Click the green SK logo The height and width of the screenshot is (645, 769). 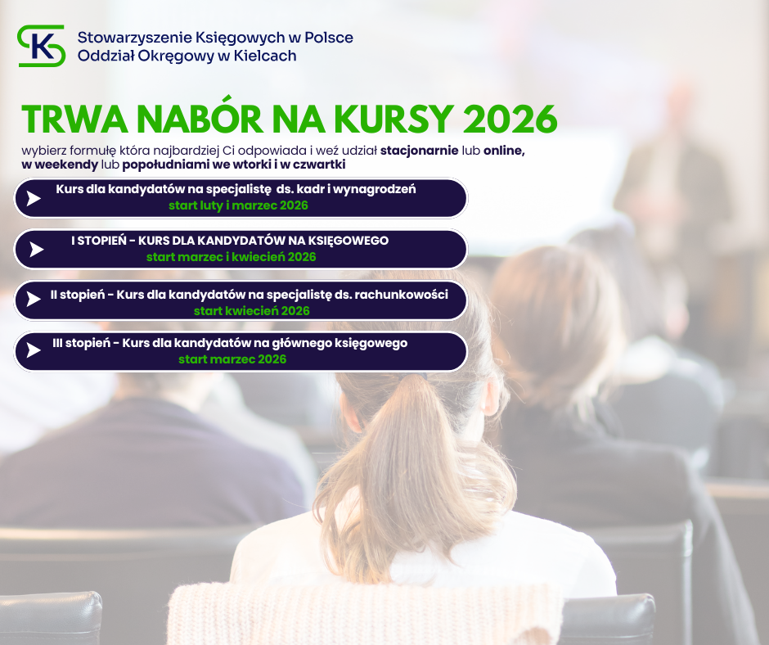click(41, 46)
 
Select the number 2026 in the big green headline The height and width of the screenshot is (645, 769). click(510, 119)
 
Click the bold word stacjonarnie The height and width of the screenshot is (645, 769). click(420, 151)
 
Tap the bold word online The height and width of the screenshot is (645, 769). click(504, 151)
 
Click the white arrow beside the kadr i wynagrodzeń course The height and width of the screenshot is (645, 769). click(34, 198)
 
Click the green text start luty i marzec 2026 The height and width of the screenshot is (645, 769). click(238, 205)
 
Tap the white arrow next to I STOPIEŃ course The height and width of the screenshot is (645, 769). click(36, 250)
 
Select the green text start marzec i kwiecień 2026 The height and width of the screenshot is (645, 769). click(231, 257)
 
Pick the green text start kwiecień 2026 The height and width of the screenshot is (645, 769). click(252, 311)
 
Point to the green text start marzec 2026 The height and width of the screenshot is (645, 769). click(232, 359)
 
